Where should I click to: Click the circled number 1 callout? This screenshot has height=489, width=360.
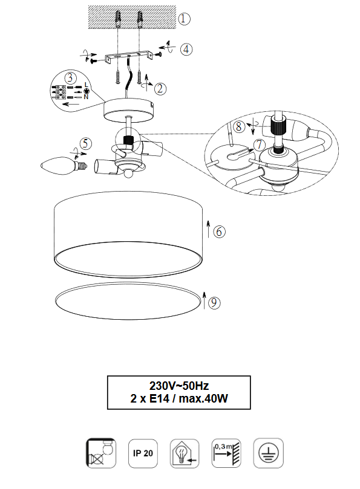(184, 19)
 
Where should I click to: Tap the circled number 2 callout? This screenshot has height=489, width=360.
(160, 89)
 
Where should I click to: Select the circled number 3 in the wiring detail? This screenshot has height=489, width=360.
(71, 77)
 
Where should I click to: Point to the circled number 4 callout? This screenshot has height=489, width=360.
(186, 50)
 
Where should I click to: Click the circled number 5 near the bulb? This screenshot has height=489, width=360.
(86, 144)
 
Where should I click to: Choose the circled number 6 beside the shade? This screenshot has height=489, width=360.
(219, 232)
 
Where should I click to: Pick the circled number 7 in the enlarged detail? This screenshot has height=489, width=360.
(259, 144)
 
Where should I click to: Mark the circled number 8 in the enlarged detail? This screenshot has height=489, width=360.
(239, 126)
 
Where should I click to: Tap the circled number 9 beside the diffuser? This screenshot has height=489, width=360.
(214, 303)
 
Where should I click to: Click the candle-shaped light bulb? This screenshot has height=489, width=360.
(64, 165)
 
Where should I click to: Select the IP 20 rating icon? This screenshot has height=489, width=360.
(143, 453)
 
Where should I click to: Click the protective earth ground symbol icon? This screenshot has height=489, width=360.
(269, 453)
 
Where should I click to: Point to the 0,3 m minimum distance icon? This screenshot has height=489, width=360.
(226, 453)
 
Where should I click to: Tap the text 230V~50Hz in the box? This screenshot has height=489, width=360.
(179, 386)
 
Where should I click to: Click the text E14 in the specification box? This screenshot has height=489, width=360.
(160, 398)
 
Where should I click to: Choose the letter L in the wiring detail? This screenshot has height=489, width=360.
(86, 85)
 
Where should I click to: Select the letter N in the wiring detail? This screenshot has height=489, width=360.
(86, 97)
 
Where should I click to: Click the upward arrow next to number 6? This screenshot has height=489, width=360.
(209, 229)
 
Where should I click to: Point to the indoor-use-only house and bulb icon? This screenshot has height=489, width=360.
(185, 453)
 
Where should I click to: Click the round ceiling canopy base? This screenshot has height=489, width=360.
(129, 111)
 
